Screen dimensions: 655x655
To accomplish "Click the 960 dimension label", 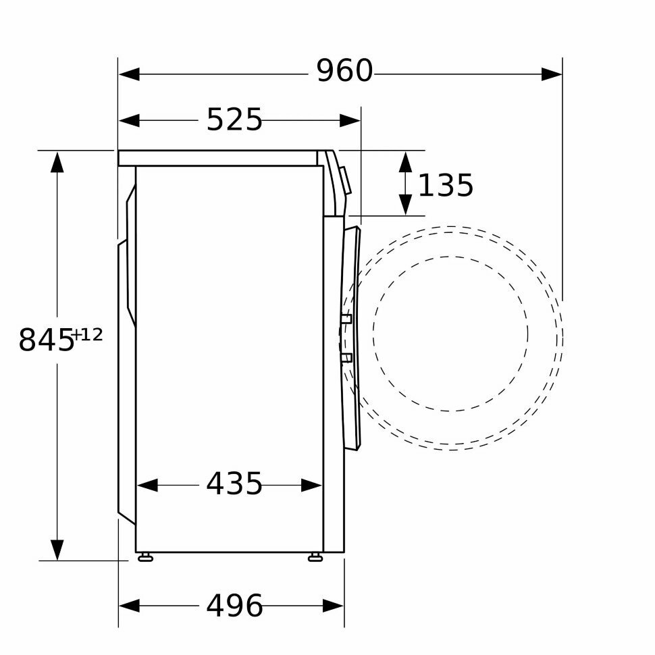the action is click(344, 71).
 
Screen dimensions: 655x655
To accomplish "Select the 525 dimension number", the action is click(234, 120).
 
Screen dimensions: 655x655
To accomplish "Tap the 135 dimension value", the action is click(446, 185).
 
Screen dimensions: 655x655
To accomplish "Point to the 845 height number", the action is click(46, 340).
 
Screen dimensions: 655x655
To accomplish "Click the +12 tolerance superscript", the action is click(87, 335).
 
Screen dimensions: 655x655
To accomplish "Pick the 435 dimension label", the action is click(234, 483).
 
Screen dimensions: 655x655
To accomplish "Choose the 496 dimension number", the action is click(234, 605).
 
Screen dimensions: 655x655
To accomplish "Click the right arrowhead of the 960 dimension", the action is click(552, 74).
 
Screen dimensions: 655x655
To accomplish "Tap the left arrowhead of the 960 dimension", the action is click(129, 74).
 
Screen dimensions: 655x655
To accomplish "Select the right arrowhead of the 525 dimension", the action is click(350, 121).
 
